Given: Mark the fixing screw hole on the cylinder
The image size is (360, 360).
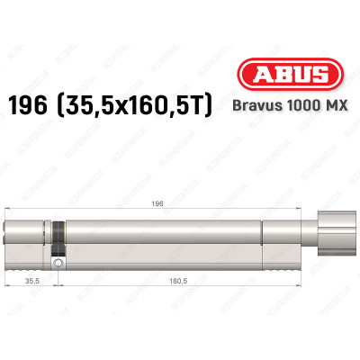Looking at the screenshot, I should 59,264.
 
